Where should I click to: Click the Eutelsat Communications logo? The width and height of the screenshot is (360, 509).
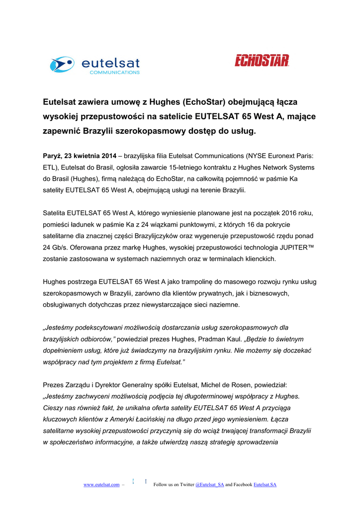click(94, 65)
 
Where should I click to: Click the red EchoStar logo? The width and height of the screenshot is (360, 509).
click(262, 61)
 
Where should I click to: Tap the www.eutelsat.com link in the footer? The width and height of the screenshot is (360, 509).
click(101, 484)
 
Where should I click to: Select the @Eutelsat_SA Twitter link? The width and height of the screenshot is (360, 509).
click(210, 484)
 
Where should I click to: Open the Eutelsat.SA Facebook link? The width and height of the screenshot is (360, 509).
click(265, 484)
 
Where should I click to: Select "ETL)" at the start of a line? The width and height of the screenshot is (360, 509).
click(50, 168)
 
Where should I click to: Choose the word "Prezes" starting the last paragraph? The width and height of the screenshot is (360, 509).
click(54, 385)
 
